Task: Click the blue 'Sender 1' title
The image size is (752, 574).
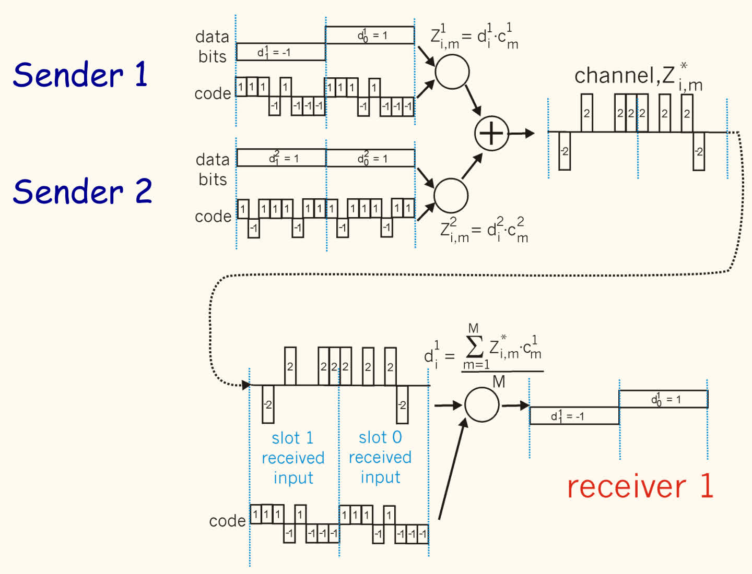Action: pos(80,74)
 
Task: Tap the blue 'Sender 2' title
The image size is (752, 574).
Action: pos(82,191)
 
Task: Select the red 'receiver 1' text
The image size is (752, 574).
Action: pos(640,486)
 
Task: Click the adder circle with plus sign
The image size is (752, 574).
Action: pos(491,133)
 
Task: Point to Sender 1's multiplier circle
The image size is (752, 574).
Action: pos(452,71)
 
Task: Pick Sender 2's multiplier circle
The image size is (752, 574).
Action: pos(451,195)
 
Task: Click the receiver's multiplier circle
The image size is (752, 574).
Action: pos(482,404)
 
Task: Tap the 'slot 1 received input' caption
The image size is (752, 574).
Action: pos(293,458)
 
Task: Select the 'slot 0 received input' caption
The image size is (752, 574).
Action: pos(380,457)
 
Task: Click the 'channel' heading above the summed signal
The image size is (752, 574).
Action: pos(616,76)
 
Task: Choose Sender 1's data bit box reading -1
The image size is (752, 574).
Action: pos(280,52)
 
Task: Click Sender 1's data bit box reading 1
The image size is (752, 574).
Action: pos(370,35)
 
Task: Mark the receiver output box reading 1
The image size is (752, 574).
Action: pos(663,399)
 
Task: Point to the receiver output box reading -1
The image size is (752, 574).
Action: pos(574,416)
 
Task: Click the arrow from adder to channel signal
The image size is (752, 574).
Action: pos(522,134)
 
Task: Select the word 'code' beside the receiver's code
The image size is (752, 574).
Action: pos(227,521)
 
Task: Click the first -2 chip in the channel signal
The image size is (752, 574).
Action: pos(565,151)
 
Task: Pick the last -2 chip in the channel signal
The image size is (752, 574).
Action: pos(699,151)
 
